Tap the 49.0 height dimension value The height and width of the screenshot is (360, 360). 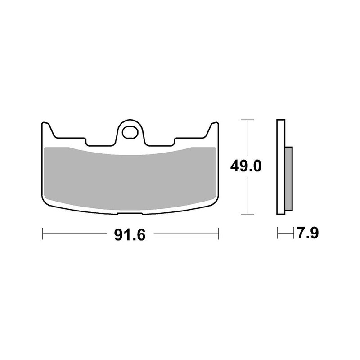coord(246,166)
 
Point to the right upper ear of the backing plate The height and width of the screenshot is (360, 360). coord(213,129)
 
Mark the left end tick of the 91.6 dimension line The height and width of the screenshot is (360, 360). coord(42,234)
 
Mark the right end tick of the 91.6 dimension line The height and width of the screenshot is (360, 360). coord(218,234)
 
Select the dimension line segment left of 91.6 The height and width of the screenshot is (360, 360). coord(76,234)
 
